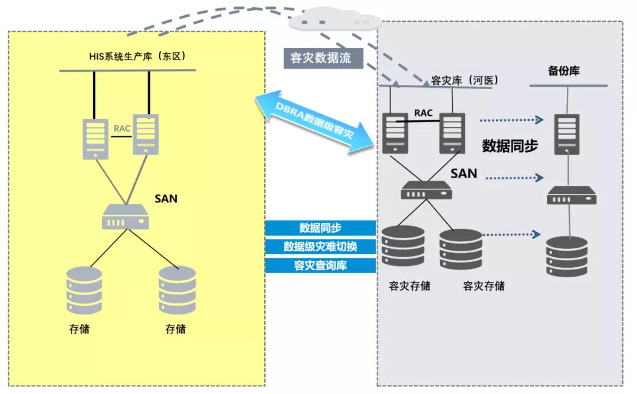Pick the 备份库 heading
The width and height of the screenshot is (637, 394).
563,71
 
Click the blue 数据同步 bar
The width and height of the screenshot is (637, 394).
320,228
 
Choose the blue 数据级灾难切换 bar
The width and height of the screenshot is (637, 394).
320,246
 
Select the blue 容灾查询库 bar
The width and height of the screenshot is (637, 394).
320,265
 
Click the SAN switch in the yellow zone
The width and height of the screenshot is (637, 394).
126,217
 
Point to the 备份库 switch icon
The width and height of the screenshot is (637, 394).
571,195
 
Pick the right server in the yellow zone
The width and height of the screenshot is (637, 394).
145,134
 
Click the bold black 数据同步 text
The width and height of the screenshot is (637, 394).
510,146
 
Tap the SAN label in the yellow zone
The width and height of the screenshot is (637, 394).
166,199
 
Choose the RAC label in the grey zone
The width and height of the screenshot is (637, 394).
424,112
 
